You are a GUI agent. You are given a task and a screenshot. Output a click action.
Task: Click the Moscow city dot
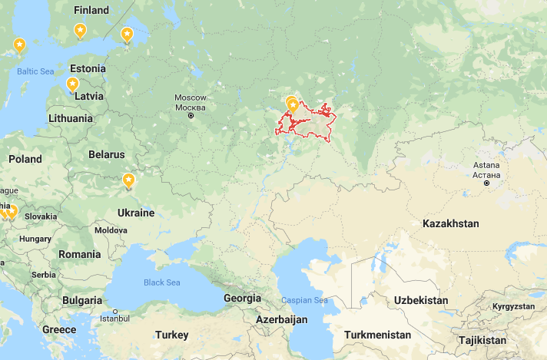coord(191,115)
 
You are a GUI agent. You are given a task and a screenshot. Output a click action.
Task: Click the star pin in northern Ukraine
coord(128,181)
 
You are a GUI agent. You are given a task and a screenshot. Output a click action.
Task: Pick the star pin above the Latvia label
coord(72,84)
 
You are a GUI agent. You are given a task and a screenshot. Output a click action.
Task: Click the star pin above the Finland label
coord(80,31)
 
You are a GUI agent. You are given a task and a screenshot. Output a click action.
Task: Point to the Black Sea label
coord(161,282)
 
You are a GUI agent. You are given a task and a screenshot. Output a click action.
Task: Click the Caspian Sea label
coord(304,300)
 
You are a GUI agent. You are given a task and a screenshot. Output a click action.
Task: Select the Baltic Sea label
coord(35,71)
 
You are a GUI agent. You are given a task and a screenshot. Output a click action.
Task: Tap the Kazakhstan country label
coord(450,223)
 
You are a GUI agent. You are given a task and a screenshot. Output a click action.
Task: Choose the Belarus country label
coord(106,154)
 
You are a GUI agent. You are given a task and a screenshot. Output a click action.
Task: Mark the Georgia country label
coord(242,298)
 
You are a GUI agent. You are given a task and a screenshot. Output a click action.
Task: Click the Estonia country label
coord(87,68)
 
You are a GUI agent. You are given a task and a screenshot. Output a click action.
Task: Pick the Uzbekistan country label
coord(420,299)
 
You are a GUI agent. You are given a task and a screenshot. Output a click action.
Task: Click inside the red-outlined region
coord(307,123)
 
